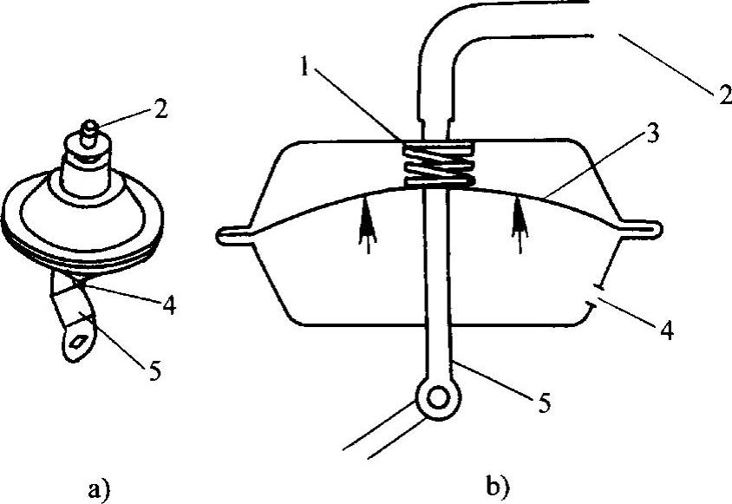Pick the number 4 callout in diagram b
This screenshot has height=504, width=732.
tap(667, 331)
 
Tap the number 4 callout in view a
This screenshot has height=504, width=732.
tap(171, 305)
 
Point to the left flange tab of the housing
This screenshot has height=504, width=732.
tap(234, 232)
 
